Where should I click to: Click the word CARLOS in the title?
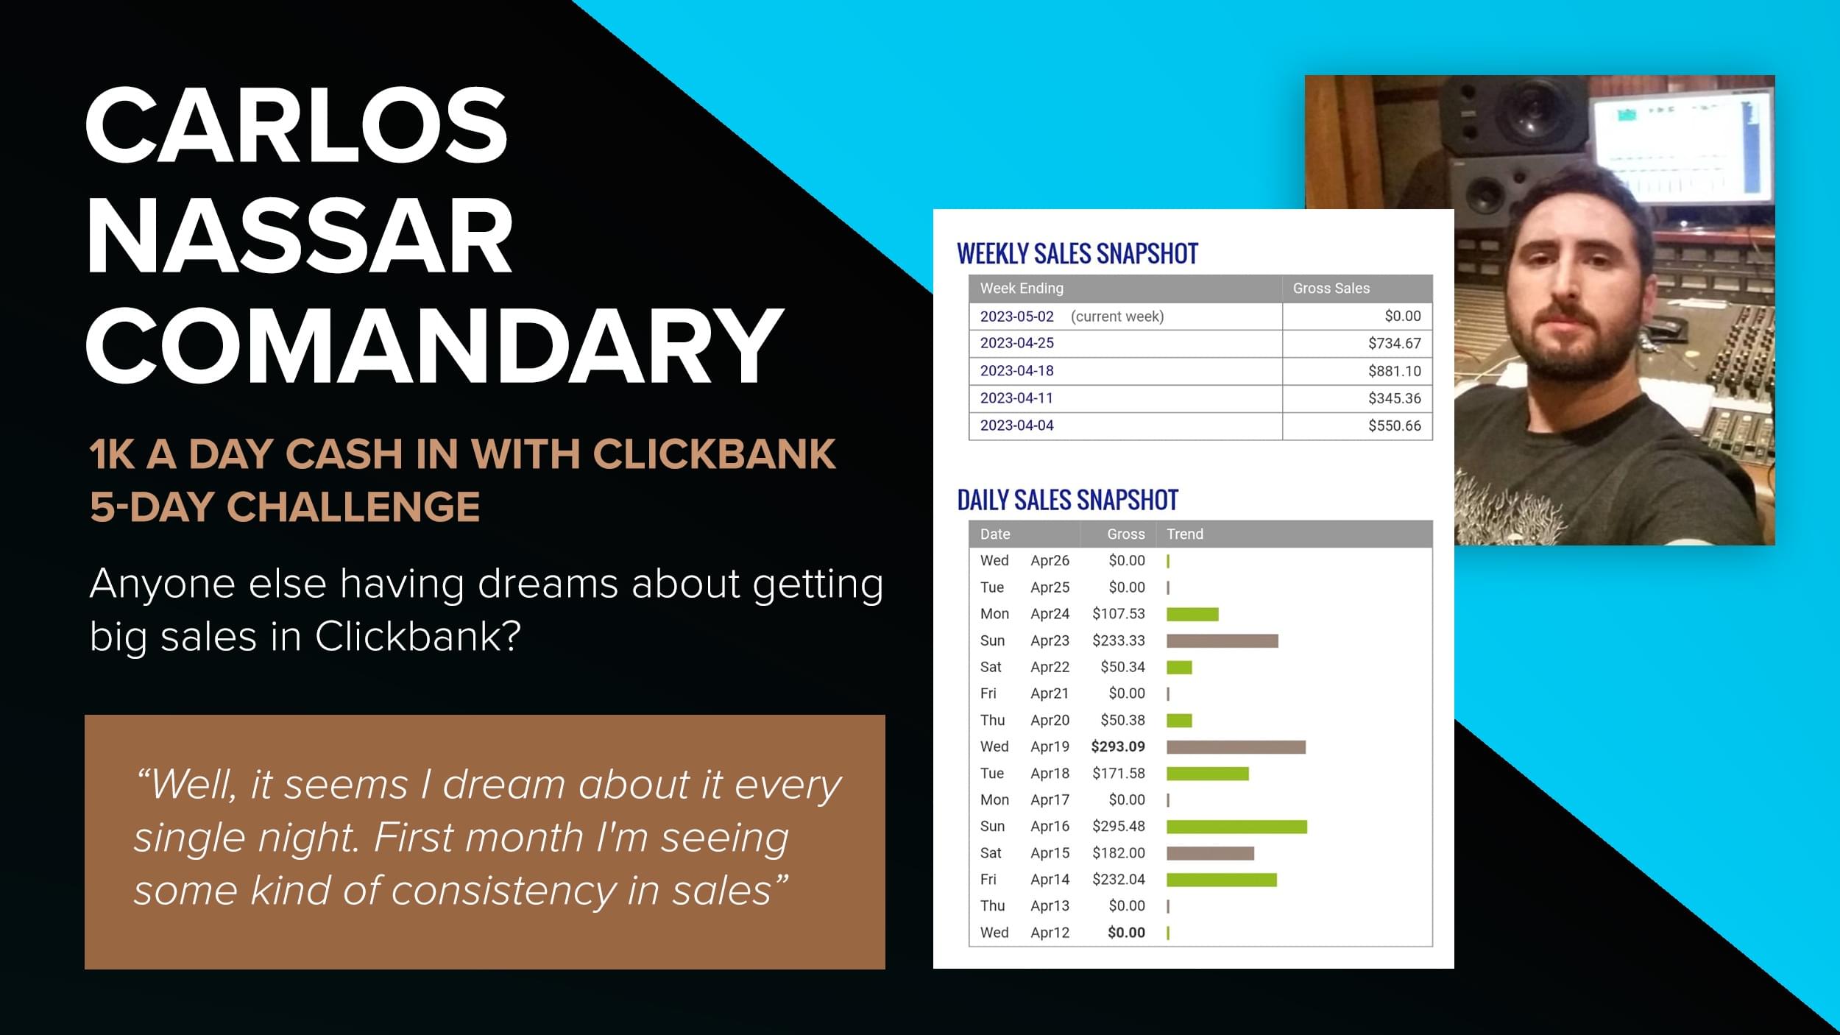coord(297,125)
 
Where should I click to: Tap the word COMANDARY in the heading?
coord(434,346)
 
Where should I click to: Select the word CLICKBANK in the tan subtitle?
coord(714,453)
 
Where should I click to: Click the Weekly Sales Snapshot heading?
coord(1078,254)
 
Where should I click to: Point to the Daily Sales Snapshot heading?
coord(1067,501)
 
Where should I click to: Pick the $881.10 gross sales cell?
coord(1394,371)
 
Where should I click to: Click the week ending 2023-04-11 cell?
coord(1016,398)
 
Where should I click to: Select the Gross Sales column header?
coord(1331,289)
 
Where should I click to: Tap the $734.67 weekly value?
coord(1394,344)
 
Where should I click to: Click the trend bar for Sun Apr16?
coord(1236,827)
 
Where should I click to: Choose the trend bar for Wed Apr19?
coord(1236,747)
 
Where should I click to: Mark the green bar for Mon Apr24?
coord(1192,614)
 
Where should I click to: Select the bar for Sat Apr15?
coord(1210,853)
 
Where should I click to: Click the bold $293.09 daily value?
coord(1118,746)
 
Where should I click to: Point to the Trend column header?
coord(1184,534)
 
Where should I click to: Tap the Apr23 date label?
coord(1050,640)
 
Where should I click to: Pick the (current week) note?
coord(1117,317)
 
